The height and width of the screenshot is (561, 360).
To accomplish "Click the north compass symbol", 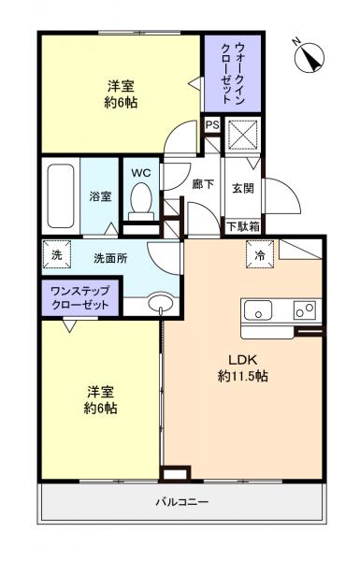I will coord(309,55).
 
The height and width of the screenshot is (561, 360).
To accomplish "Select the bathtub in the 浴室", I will coord(60,194).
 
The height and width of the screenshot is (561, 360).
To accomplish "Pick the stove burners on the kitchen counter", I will coord(304,309).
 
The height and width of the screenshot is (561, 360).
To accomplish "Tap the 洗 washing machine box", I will coord(55,254).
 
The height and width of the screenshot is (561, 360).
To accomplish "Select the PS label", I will coord(212,124).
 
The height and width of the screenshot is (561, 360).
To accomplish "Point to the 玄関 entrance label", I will coord(242,187).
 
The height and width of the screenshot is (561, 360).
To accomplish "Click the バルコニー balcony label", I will coord(182,502).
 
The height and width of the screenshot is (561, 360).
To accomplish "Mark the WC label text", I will coord(141,172).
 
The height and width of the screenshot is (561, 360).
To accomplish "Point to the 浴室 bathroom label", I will coord(100,196).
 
